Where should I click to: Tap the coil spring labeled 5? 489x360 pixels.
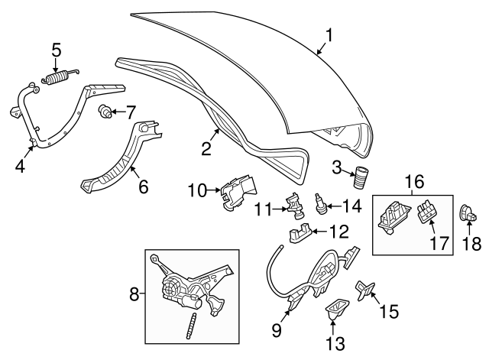(60, 76)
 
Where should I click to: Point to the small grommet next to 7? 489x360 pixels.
(105, 112)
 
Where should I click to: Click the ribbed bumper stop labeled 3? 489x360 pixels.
(359, 178)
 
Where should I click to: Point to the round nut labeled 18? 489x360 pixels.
(464, 212)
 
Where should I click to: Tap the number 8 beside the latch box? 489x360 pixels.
(134, 294)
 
